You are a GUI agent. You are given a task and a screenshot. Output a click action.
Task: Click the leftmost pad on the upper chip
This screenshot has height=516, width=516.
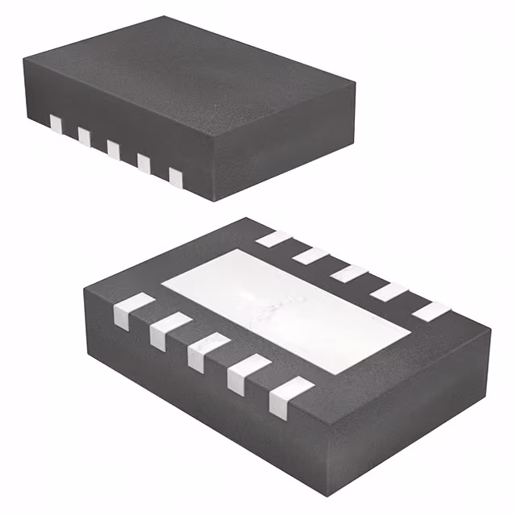56,123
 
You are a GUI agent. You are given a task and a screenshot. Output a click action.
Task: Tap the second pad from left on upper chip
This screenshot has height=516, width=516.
84,135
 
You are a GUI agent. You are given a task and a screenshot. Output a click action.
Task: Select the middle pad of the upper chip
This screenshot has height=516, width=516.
114,148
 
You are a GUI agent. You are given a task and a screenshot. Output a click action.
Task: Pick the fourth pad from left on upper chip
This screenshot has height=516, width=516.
144,161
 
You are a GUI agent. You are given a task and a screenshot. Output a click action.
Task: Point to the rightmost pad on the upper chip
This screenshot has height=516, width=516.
175,174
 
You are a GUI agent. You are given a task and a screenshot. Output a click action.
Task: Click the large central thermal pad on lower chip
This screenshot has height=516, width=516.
286,310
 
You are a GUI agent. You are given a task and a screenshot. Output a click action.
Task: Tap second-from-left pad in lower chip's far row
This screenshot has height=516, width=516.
311,256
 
